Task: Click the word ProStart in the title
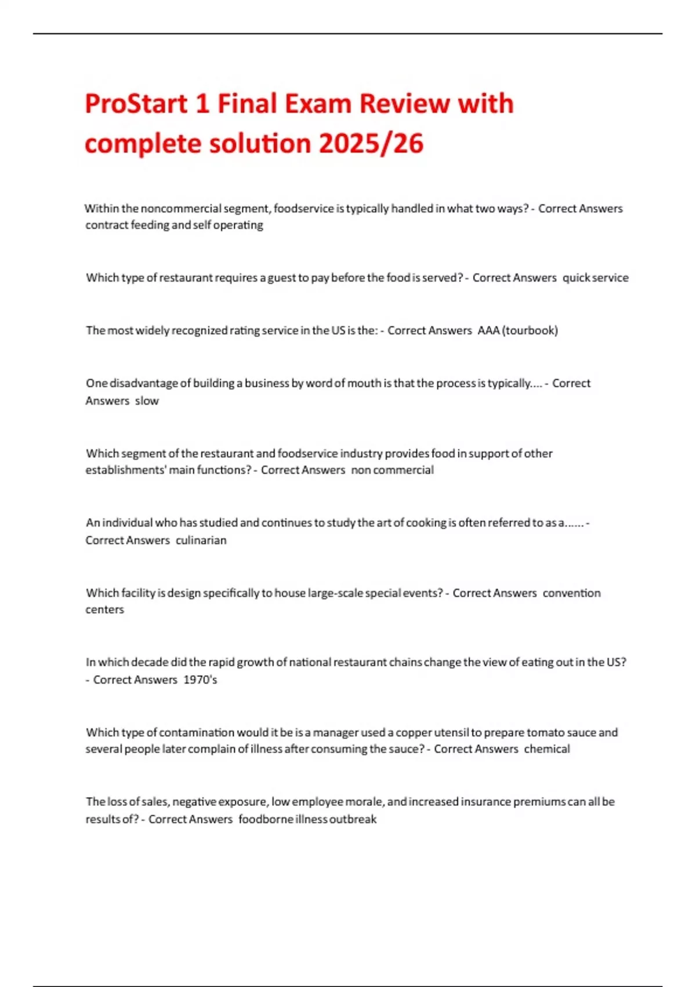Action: (x=136, y=105)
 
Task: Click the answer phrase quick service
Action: (x=596, y=278)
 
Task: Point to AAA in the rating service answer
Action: (x=488, y=330)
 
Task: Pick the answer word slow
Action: (x=147, y=401)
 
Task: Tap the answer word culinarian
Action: (x=201, y=540)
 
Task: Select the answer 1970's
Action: (x=200, y=679)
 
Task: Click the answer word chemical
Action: (x=547, y=749)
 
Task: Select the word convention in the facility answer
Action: (x=571, y=593)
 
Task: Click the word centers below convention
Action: (x=104, y=610)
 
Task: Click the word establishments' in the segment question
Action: (x=125, y=470)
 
